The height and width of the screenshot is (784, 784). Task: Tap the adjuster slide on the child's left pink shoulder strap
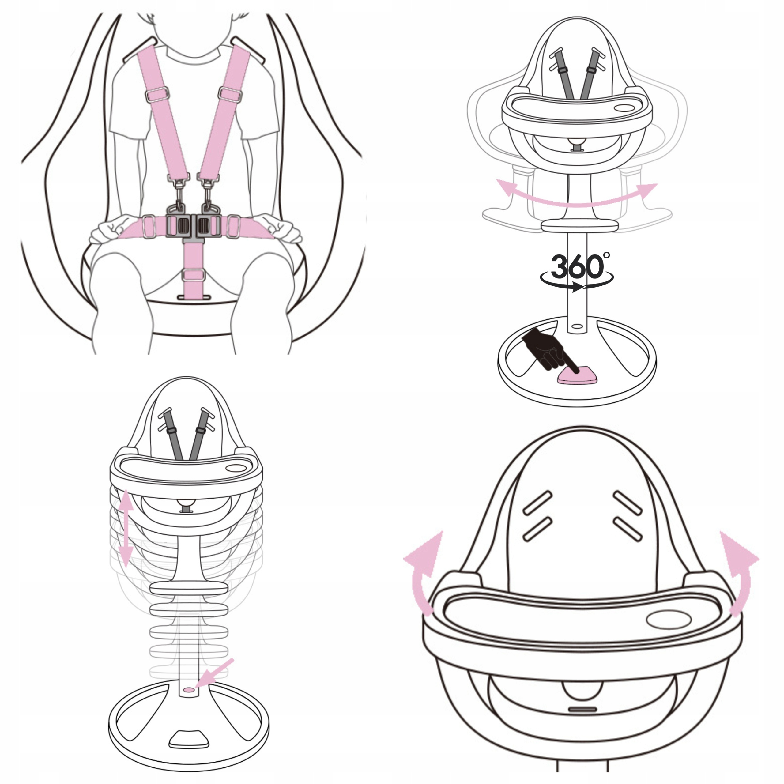230,94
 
